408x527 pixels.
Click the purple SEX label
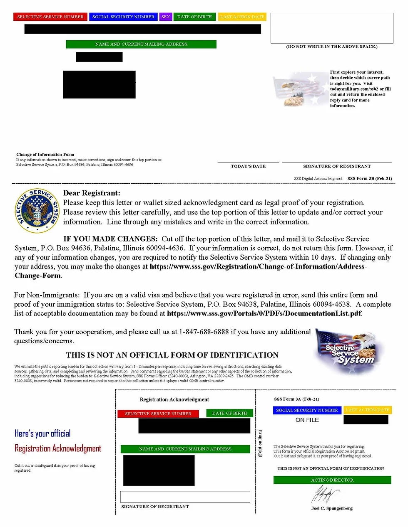point(166,17)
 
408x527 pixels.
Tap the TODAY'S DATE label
point(248,166)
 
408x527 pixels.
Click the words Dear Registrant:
point(92,193)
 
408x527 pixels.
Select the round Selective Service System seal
point(37,212)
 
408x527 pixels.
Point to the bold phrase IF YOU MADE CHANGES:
point(110,239)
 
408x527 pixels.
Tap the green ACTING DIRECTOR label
point(332,480)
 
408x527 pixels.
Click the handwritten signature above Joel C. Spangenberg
point(326,495)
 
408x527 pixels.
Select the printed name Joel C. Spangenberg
point(332,508)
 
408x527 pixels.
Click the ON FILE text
point(307,420)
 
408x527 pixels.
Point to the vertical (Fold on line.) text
point(260,443)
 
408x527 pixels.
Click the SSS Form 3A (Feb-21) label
point(296,399)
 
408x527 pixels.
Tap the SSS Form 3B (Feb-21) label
point(370,179)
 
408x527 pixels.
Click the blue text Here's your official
point(42,433)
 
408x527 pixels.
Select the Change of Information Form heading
point(45,155)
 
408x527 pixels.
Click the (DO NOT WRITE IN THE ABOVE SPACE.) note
point(332,47)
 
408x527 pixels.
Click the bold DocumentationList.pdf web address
point(264,313)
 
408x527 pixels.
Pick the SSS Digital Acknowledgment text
point(318,179)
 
